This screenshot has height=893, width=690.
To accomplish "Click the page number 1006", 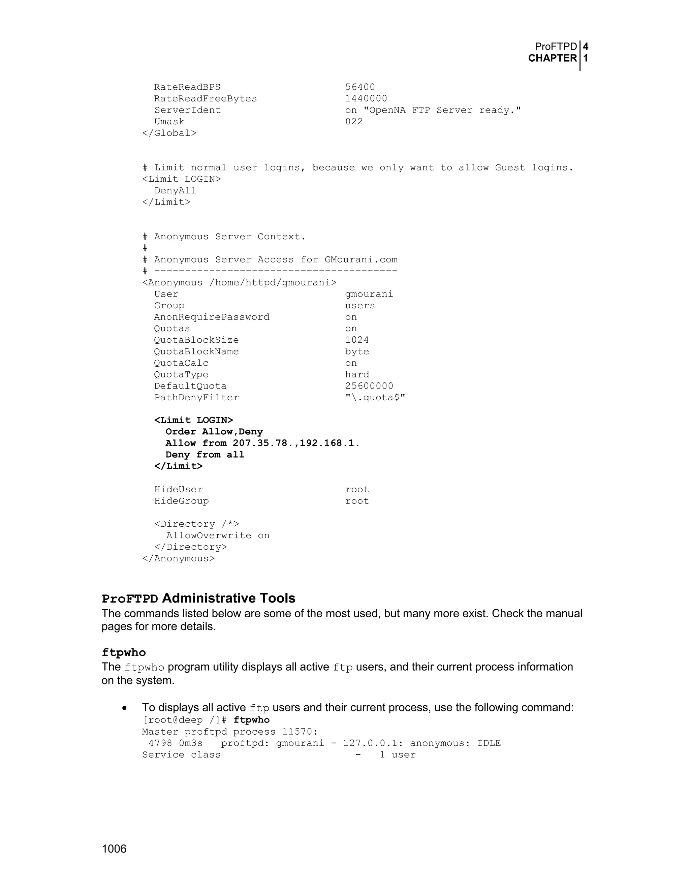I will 114,849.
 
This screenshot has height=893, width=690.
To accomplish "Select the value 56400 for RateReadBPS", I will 360,87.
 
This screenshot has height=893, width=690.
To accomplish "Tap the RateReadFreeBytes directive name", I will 205,98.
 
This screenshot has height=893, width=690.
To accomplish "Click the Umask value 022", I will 353,121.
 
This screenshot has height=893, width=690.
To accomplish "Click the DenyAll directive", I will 175,190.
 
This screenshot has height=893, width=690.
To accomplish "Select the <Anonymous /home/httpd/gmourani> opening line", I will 239,282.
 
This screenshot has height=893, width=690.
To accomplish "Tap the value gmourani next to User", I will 369,294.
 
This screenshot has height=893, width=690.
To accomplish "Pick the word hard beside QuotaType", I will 356,374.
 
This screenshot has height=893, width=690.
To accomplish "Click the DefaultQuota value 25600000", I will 369,386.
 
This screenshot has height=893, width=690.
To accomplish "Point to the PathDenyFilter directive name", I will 196,397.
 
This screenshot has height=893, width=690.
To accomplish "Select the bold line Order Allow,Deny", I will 214,432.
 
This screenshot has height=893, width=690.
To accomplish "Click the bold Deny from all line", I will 205,455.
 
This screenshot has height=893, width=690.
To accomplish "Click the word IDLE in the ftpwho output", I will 489,743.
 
